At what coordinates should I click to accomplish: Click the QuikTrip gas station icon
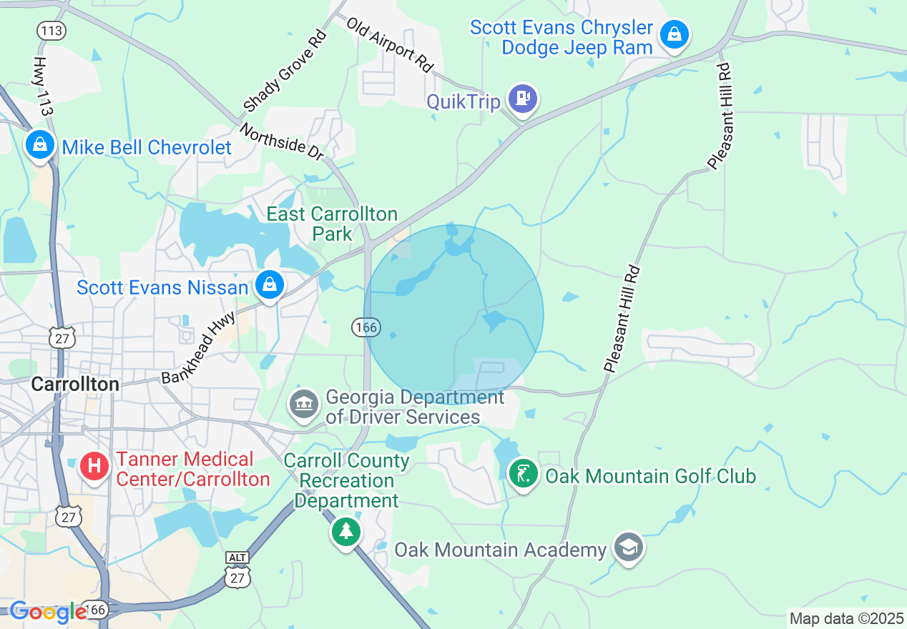(x=523, y=98)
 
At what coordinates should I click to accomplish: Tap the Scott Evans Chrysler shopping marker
(x=674, y=34)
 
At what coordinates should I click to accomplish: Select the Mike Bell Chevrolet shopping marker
(x=40, y=144)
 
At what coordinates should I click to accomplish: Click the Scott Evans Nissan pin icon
(x=270, y=284)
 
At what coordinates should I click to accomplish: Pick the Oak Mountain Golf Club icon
(x=523, y=473)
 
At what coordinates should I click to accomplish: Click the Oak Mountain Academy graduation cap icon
(x=628, y=548)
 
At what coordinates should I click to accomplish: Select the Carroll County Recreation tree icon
(x=346, y=531)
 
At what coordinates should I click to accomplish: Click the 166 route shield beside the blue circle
(x=365, y=327)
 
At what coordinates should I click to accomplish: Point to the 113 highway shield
(x=52, y=30)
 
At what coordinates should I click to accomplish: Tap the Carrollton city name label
(x=75, y=384)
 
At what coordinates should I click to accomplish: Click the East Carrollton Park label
(x=332, y=223)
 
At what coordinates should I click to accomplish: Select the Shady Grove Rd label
(x=284, y=71)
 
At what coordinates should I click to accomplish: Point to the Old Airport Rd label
(x=391, y=44)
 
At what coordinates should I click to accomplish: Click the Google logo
(x=48, y=612)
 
